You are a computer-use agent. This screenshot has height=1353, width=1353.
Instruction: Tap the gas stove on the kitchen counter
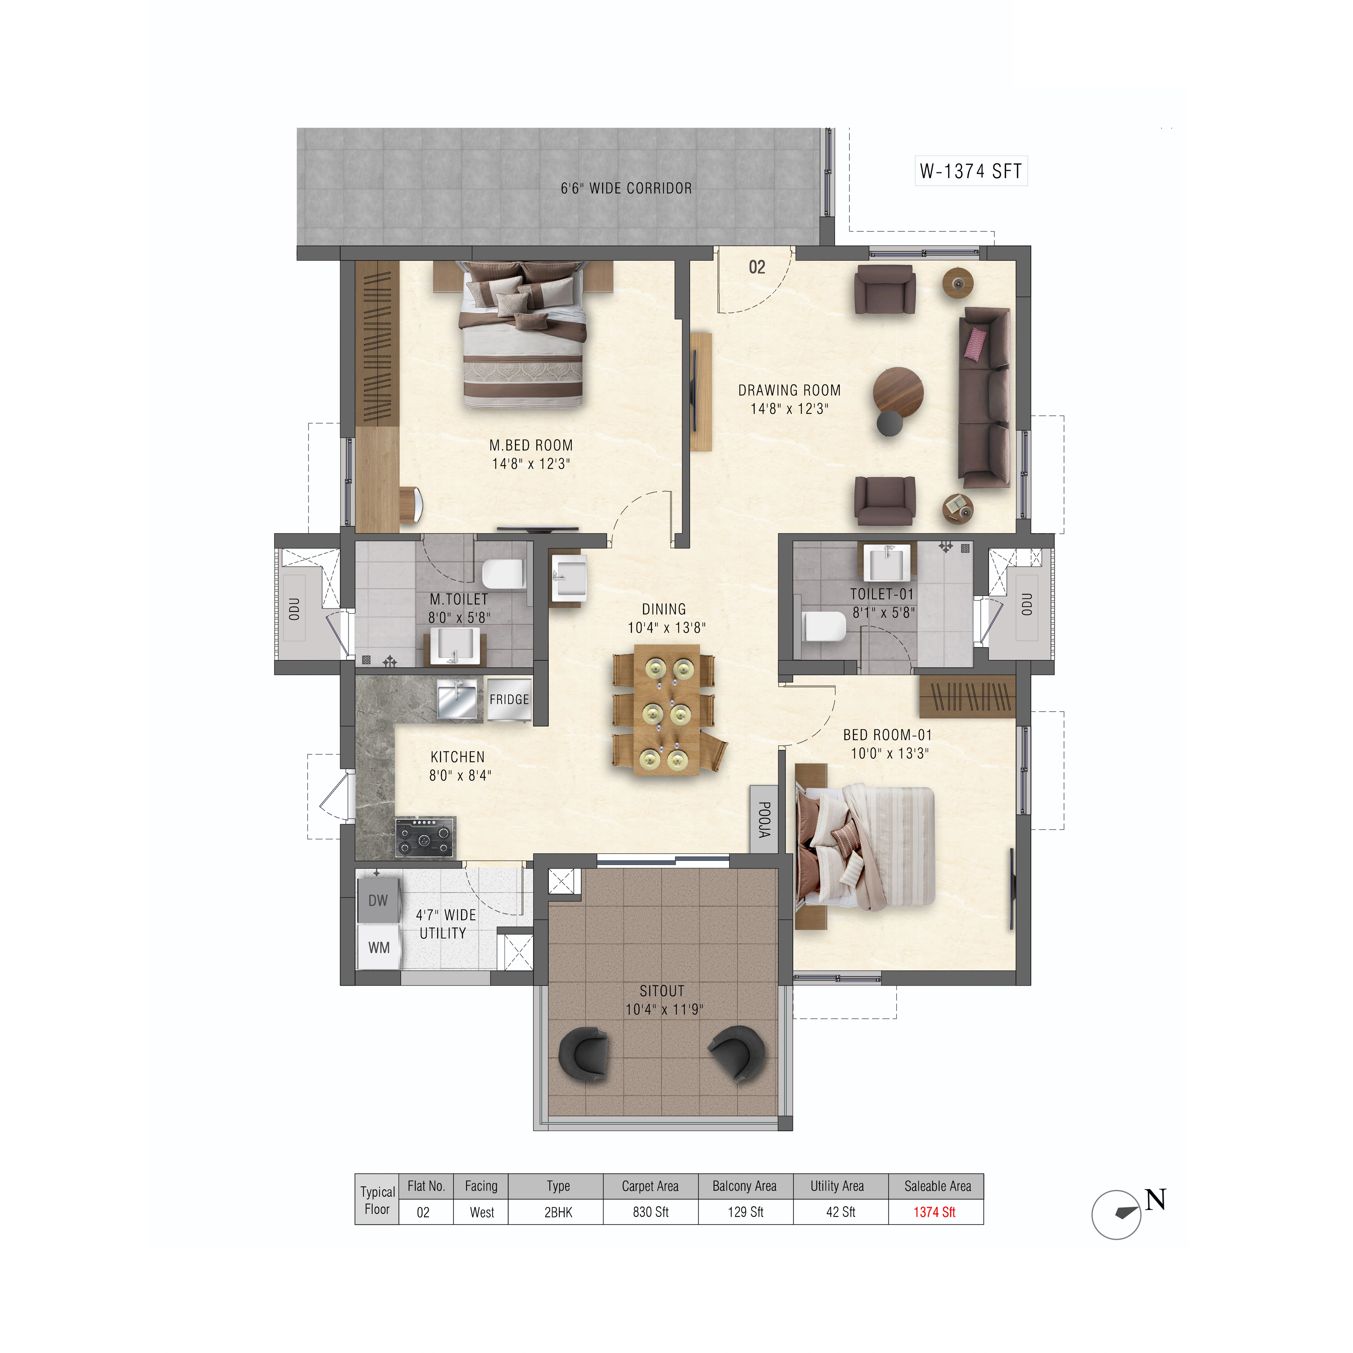pos(424,837)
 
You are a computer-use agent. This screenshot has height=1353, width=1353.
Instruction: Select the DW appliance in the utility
pos(378,901)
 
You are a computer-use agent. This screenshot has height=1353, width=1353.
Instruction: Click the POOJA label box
pos(764,819)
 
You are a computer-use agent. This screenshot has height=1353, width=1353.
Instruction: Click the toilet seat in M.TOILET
pos(503,574)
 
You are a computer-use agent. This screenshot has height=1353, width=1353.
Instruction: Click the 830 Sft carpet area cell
pos(651,1212)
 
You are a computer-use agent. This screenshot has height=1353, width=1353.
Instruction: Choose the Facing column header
pos(481,1186)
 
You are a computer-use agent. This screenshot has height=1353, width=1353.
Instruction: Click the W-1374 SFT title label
pos(971,171)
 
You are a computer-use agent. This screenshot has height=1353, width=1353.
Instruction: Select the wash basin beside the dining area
pos(569,578)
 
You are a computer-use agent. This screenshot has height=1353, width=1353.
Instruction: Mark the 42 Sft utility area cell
pos(840,1212)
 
